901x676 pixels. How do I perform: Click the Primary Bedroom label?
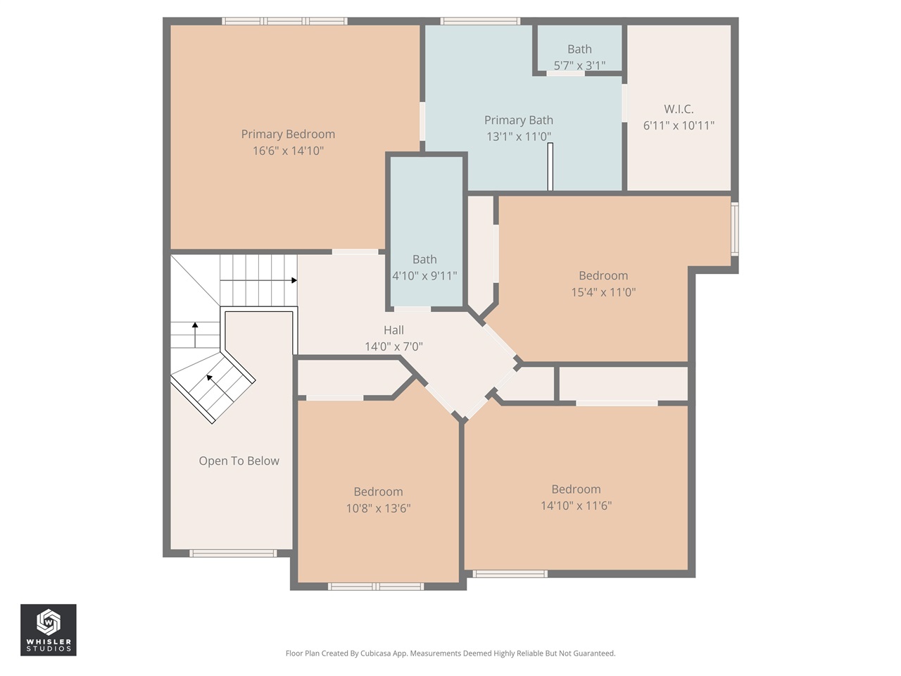point(288,134)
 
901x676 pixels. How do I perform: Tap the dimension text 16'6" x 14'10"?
point(288,151)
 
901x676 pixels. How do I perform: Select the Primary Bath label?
point(519,120)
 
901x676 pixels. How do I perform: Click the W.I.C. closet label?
point(679,109)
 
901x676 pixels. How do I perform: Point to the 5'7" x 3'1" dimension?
point(579,65)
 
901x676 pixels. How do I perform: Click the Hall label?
point(393,330)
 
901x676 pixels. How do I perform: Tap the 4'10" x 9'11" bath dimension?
point(424,276)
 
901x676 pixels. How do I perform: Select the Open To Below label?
point(239,461)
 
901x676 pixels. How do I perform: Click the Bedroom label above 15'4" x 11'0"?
point(603,276)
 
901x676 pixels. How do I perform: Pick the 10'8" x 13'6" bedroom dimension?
point(378,508)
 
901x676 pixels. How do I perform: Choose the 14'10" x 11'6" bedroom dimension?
point(576,506)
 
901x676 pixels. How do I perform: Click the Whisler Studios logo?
point(49,630)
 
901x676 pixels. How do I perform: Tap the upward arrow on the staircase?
point(195,325)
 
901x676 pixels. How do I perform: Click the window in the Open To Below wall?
point(233,553)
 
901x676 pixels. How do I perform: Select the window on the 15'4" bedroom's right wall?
point(734,229)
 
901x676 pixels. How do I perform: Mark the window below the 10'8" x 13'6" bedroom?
point(376,586)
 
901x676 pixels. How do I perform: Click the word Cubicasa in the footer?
point(375,653)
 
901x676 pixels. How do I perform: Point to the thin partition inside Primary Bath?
point(550,167)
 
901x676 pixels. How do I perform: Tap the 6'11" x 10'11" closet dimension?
point(679,125)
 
